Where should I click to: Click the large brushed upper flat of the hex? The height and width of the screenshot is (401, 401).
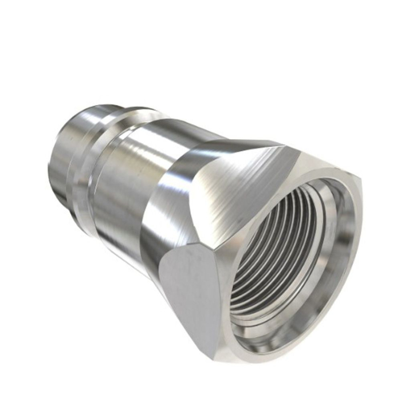[241, 183]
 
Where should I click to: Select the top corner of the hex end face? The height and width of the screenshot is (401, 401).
[286, 146]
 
